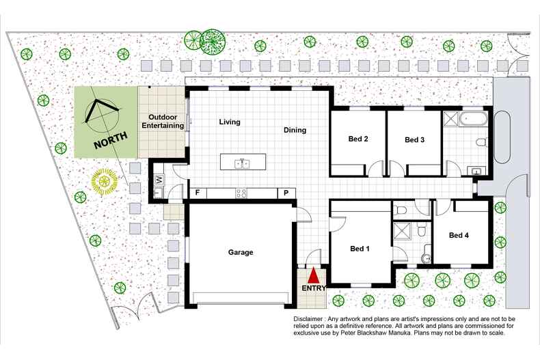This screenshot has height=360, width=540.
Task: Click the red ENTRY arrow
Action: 313,275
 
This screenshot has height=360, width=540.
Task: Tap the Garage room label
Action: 241,253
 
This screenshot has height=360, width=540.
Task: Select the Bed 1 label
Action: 360,249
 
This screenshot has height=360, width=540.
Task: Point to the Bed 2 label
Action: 358,139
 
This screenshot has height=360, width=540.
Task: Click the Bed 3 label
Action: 415,140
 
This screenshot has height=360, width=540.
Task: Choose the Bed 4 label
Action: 459,236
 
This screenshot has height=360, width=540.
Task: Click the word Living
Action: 230,122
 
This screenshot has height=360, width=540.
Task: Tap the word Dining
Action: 295,130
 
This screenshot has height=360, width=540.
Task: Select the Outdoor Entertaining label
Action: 163,122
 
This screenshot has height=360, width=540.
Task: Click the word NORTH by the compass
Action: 111,141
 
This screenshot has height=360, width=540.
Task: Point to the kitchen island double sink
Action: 243,163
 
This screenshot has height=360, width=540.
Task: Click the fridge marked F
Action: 198,193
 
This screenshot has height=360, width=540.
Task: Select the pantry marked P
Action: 286,193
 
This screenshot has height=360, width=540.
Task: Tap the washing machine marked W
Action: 159,180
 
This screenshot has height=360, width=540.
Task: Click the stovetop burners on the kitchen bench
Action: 241,193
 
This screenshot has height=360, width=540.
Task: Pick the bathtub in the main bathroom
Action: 473,119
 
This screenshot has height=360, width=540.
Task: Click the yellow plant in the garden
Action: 104,182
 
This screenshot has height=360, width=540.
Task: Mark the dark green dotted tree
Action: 213,42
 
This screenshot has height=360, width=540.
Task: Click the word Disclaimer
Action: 308,319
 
